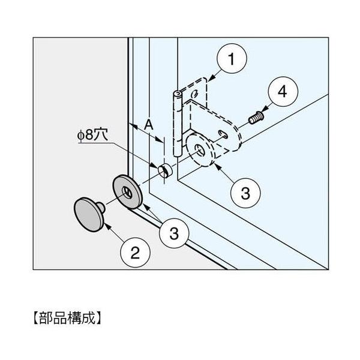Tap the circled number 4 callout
(281, 94)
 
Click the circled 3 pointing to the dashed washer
(245, 193)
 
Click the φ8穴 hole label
(94, 135)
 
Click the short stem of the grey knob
(104, 208)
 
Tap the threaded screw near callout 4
(255, 118)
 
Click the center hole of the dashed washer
(199, 150)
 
